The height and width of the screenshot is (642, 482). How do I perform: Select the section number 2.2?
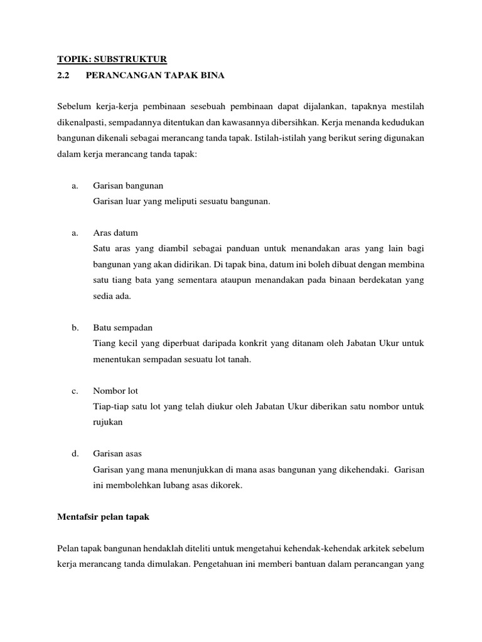tap(65, 76)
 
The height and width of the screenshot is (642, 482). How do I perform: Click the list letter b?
tap(75, 328)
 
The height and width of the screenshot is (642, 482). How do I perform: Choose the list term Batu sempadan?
tap(122, 328)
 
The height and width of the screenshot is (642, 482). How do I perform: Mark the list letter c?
tap(75, 391)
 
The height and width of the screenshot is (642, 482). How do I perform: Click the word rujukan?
tap(107, 423)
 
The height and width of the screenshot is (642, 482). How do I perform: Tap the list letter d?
tap(75, 453)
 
